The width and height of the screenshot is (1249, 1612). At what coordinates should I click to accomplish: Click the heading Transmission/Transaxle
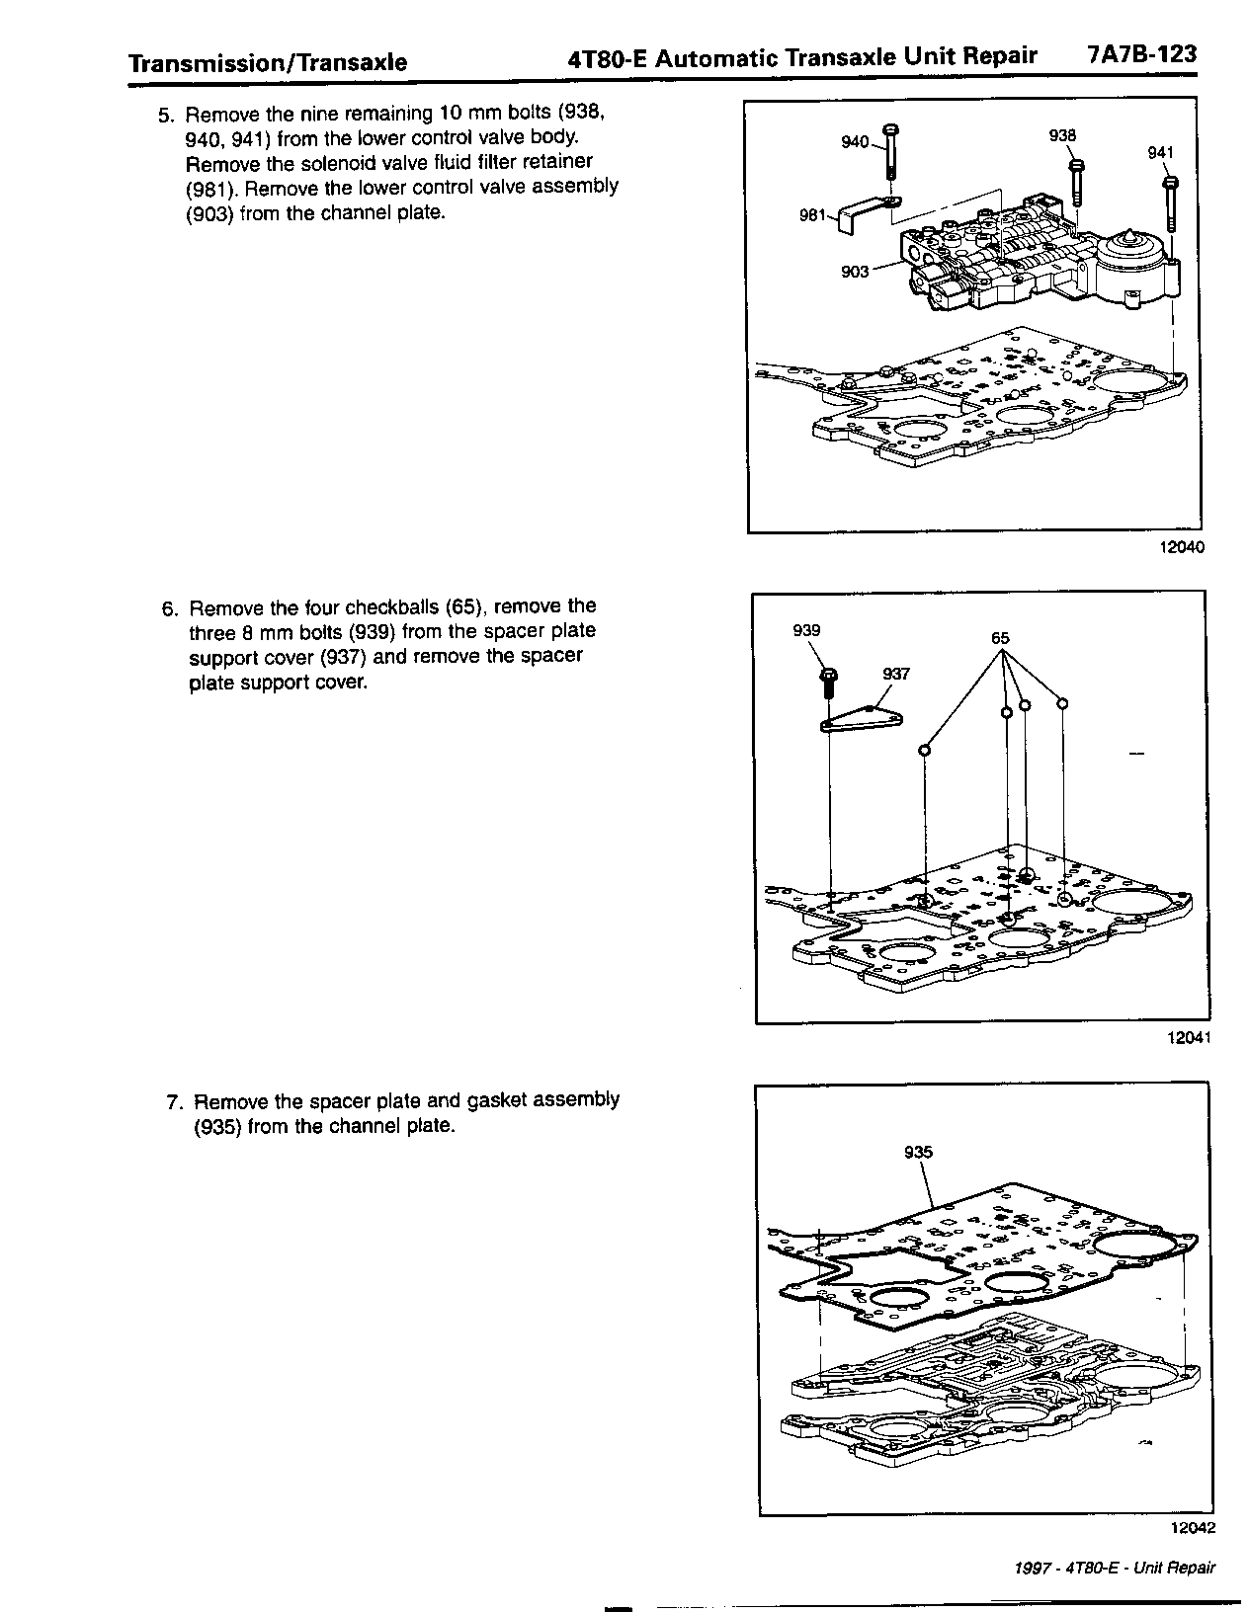(x=268, y=63)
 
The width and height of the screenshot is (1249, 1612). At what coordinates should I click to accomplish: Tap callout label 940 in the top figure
(x=854, y=142)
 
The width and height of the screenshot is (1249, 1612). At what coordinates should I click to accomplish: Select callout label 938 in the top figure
(x=1062, y=135)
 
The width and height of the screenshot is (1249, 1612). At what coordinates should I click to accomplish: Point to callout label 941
(x=1160, y=152)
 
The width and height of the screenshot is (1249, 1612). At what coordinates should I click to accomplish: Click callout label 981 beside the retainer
(x=812, y=215)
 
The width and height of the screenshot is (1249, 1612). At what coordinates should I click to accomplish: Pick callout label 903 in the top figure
(x=855, y=271)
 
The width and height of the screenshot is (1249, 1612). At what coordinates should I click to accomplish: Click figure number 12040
(x=1185, y=547)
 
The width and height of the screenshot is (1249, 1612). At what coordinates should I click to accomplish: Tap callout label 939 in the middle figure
(x=806, y=630)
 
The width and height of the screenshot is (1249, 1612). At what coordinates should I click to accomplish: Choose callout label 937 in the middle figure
(x=895, y=675)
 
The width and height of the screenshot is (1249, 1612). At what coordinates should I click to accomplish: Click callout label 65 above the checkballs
(x=1000, y=638)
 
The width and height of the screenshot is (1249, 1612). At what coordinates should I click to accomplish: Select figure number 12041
(x=1188, y=1037)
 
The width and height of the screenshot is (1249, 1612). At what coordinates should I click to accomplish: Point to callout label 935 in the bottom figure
(x=918, y=1152)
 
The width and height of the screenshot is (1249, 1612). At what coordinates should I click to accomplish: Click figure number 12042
(x=1192, y=1527)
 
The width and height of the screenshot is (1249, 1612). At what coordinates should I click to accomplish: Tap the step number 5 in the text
(x=165, y=114)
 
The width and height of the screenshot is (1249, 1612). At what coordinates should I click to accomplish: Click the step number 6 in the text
(x=168, y=607)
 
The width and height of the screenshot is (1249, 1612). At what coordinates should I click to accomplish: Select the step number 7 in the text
(x=173, y=1101)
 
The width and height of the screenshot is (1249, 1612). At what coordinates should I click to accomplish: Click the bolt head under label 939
(x=828, y=677)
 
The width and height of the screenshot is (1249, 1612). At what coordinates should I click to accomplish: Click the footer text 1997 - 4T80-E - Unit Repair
(x=1114, y=1568)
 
